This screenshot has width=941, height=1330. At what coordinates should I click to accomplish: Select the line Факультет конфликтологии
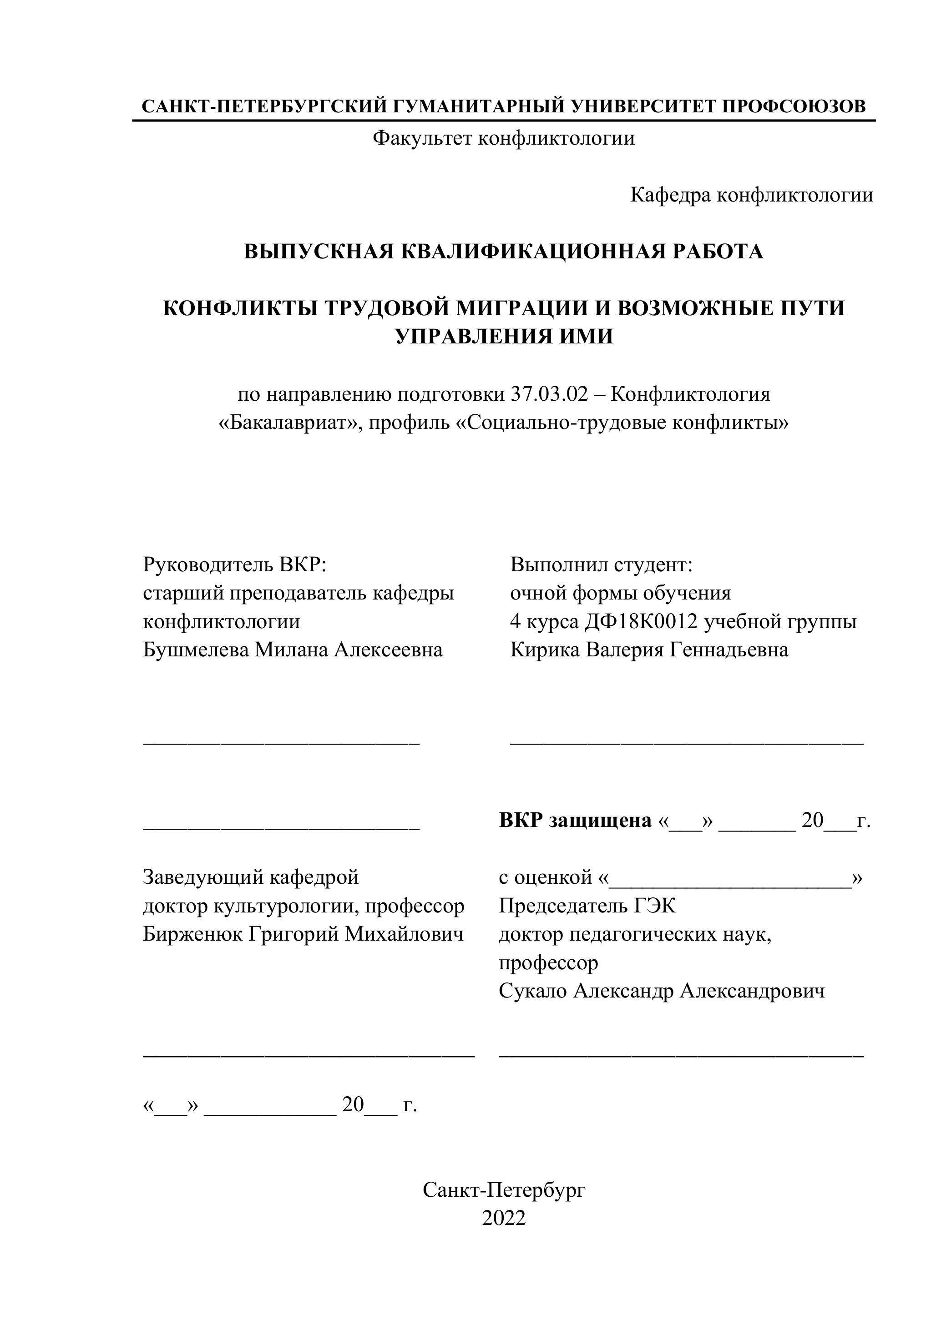pyautogui.click(x=504, y=138)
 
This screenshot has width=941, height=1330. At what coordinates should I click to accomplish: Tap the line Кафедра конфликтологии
pyautogui.click(x=752, y=195)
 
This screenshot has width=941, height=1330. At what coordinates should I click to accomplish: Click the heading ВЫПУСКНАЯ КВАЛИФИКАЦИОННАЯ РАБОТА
pyautogui.click(x=504, y=252)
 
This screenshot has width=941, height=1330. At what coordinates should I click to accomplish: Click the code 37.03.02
pyautogui.click(x=549, y=394)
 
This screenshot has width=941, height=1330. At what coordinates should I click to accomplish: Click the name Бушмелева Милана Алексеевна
pyautogui.click(x=293, y=650)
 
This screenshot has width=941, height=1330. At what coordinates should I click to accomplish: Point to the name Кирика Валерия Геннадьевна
pyautogui.click(x=649, y=650)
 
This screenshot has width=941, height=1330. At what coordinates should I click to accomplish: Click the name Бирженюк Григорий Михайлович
pyautogui.click(x=303, y=934)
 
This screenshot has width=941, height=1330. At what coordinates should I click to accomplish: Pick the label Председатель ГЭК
pyautogui.click(x=587, y=906)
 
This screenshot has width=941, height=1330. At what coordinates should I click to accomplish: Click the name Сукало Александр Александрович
pyautogui.click(x=662, y=991)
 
